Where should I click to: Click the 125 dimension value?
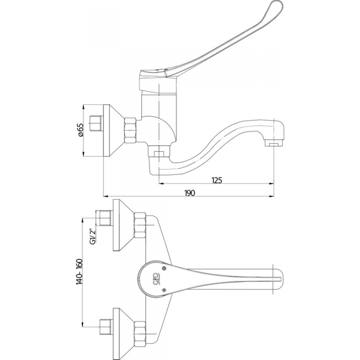(217, 180)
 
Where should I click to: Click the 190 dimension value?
(190, 193)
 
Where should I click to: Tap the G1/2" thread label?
(93, 237)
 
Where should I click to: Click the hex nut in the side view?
(130, 131)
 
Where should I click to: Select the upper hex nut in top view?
(140, 225)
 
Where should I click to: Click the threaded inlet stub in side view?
(96, 124)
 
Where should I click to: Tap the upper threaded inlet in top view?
(105, 218)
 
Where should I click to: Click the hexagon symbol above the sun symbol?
(164, 268)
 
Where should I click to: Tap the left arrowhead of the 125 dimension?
(161, 183)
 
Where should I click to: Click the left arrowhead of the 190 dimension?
(105, 196)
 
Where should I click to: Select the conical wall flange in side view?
(114, 131)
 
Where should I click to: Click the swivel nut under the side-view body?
(158, 151)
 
